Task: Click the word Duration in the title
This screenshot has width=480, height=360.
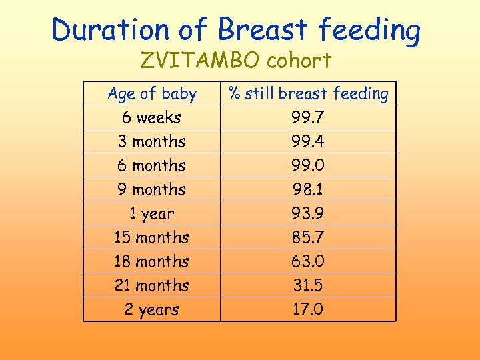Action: (109, 30)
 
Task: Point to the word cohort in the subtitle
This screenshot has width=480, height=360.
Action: (298, 61)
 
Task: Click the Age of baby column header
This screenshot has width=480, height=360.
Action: (152, 94)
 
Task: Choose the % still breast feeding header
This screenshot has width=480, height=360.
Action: (308, 94)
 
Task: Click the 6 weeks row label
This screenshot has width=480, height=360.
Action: (152, 117)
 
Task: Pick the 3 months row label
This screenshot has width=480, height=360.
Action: (152, 141)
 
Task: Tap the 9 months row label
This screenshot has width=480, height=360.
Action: (152, 189)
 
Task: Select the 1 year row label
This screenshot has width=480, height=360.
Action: (152, 213)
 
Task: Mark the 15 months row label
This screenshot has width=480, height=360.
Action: (152, 237)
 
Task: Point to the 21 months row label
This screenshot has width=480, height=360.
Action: (152, 285)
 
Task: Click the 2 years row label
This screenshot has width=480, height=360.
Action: (152, 309)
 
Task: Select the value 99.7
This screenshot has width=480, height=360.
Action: (308, 118)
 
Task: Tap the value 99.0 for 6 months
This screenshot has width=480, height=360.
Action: (308, 165)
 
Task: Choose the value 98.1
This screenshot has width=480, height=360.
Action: (308, 189)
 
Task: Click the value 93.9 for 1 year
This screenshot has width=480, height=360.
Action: (308, 213)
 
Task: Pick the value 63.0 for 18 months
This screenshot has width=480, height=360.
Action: (308, 261)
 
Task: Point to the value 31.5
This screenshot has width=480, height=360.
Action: (308, 285)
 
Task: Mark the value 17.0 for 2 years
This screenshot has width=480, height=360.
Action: (308, 309)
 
